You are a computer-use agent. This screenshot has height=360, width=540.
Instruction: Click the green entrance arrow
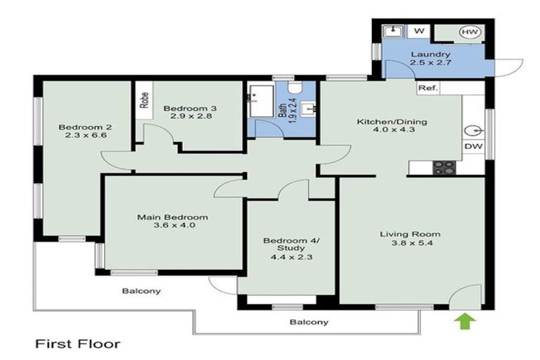pyautogui.click(x=465, y=321)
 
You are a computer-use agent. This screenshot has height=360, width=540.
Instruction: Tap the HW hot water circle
pyautogui.click(x=468, y=32)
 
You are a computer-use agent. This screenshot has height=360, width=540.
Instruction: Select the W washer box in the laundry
pyautogui.click(x=418, y=32)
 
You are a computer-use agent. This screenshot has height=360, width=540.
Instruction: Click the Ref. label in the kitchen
pyautogui.click(x=427, y=89)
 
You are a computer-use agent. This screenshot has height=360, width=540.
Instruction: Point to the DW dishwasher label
pyautogui.click(x=472, y=146)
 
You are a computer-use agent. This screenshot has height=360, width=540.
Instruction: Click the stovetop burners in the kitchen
pyautogui.click(x=444, y=167)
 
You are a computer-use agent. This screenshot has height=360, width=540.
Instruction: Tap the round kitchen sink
pyautogui.click(x=472, y=131)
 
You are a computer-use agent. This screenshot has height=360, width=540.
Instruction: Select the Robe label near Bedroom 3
pyautogui.click(x=144, y=101)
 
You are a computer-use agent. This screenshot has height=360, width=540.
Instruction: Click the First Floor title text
pyautogui.click(x=78, y=344)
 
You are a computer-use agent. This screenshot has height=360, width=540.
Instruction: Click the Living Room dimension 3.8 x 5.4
pyautogui.click(x=410, y=245)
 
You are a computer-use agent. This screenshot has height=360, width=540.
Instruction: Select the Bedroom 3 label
pyautogui.click(x=190, y=108)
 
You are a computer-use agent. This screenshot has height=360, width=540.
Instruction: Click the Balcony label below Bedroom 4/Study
pyautogui.click(x=309, y=322)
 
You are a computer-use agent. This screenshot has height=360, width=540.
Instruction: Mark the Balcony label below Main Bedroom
pyautogui.click(x=141, y=290)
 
